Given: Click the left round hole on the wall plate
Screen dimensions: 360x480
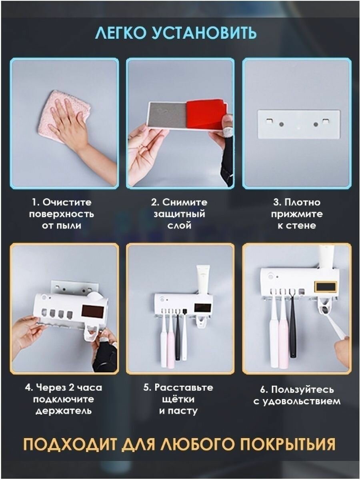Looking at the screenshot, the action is [x=282, y=124].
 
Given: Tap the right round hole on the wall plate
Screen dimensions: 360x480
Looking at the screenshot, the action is [x=316, y=124].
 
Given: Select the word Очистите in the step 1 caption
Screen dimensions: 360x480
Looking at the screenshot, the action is [x=67, y=202].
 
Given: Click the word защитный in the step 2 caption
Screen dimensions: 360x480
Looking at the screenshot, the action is [x=180, y=214].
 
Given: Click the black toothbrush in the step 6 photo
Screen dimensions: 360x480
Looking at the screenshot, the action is [x=292, y=323].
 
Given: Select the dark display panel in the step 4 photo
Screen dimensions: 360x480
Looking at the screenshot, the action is [x=92, y=311].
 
